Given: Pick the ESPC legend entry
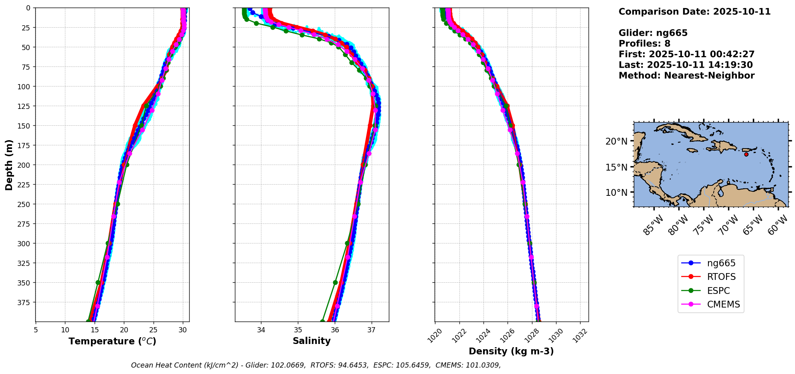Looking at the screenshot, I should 718,291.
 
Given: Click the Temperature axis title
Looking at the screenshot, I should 112,341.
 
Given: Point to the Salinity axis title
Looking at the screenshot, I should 312,341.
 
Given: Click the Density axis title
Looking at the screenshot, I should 511,351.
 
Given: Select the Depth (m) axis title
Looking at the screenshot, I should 9,165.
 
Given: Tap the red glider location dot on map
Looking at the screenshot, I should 746,154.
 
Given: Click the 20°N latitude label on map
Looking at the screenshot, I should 616,141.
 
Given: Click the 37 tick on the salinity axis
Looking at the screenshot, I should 371,330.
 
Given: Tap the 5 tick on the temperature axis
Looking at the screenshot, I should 36,330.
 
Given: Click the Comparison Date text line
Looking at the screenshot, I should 694,12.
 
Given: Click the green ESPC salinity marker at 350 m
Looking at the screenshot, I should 336,282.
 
